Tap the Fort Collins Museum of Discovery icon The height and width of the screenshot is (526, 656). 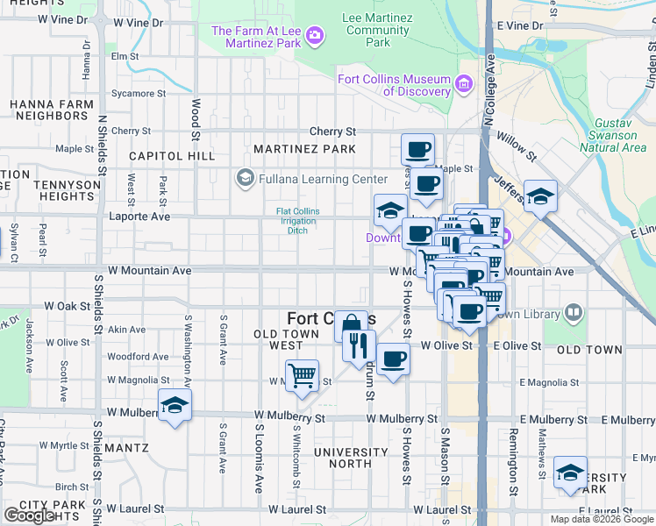(464, 85)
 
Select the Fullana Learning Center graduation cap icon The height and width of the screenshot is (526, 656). (245, 179)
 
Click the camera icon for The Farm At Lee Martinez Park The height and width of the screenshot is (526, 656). (314, 36)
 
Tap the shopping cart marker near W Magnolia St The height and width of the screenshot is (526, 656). (302, 375)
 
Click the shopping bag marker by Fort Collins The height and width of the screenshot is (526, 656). (350, 324)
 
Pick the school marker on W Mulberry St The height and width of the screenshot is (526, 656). (175, 406)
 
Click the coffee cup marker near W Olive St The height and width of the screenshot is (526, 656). (393, 359)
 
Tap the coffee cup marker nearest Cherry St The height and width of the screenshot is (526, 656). (418, 148)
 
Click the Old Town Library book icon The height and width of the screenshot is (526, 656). (574, 312)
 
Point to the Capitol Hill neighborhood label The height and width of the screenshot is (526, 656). (171, 156)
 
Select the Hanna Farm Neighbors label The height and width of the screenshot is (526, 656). (48, 110)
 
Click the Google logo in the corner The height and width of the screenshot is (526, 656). (29, 515)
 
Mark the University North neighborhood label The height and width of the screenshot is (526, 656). (351, 458)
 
